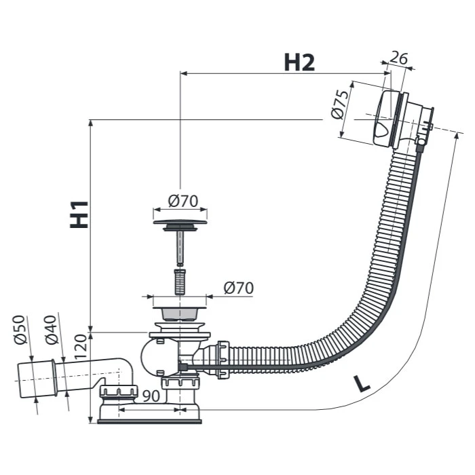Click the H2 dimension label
coord(299,62)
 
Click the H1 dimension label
coord(80,213)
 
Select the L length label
coord(363,385)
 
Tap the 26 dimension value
coord(400,59)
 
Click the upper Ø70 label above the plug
coord(182,201)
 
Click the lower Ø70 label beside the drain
coord(238,288)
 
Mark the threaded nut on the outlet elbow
coord(119,392)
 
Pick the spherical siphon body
coord(153,354)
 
